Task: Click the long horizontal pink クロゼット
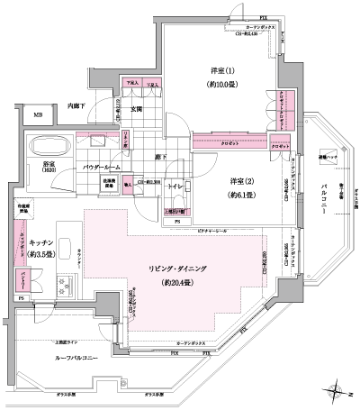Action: pyautogui.click(x=229, y=141)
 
